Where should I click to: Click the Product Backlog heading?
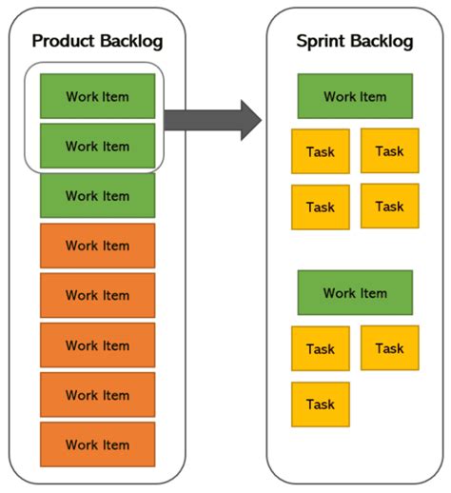[97, 41]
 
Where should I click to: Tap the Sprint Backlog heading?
[354, 41]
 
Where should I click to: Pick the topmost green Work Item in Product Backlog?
[97, 96]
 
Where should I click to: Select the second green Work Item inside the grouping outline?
[97, 146]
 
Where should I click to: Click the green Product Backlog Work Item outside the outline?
[97, 196]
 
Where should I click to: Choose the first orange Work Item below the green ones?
[97, 246]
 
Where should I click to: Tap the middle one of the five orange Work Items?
[97, 345]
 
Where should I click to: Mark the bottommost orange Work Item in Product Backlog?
[97, 444]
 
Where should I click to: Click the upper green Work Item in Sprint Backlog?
[354, 96]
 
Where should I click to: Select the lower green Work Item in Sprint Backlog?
[354, 292]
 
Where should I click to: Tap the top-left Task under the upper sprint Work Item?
[321, 152]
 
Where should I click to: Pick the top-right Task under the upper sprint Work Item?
[389, 150]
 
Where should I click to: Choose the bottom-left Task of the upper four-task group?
[321, 207]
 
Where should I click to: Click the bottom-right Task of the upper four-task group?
[389, 206]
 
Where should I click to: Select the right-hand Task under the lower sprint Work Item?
[389, 348]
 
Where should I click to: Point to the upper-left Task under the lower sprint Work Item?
[321, 349]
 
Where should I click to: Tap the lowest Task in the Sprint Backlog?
[321, 404]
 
